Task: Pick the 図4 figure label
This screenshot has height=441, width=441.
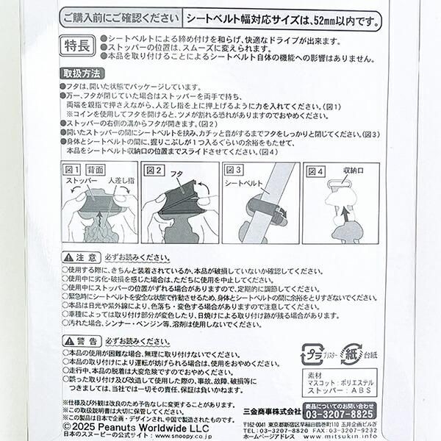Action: click(316, 171)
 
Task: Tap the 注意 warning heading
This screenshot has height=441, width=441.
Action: click(79, 258)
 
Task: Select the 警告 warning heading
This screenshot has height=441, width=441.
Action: click(79, 342)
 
